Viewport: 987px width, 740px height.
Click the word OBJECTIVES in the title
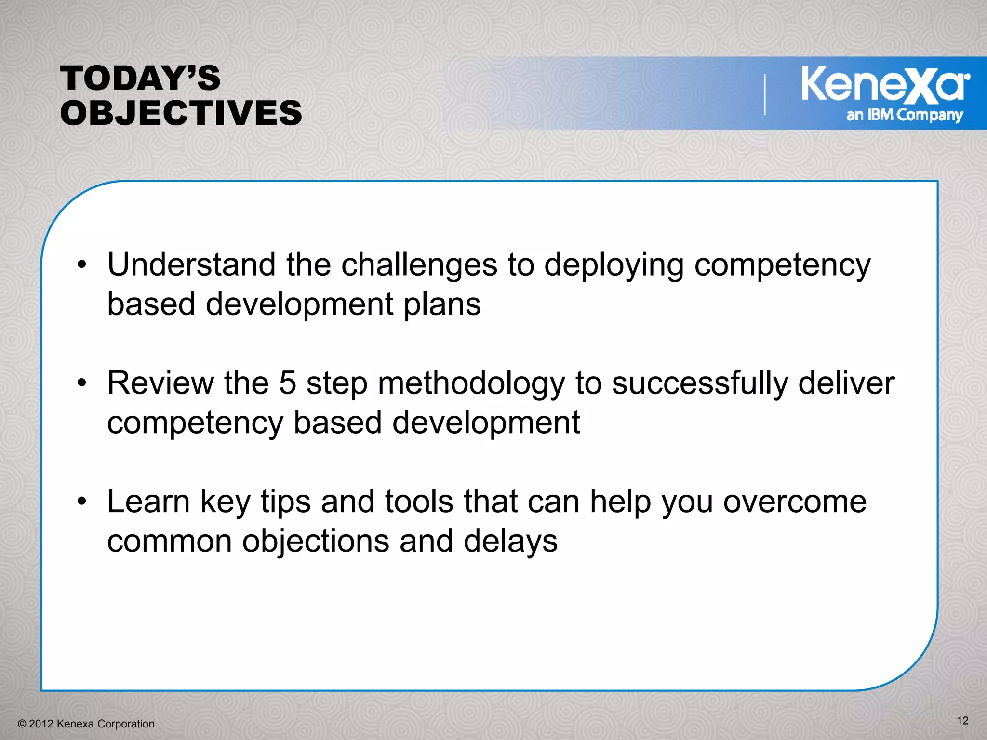tap(181, 113)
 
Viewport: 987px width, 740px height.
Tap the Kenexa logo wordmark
tap(885, 85)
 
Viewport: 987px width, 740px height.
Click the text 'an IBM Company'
tap(905, 115)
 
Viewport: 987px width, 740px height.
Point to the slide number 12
tap(962, 720)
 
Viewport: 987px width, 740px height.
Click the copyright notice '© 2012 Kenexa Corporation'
tap(86, 724)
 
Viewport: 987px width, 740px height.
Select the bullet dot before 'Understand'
tap(82, 264)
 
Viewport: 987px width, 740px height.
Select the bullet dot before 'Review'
tap(82, 383)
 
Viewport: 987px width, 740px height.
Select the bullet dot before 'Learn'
tap(82, 502)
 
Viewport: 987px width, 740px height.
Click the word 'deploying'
tap(614, 265)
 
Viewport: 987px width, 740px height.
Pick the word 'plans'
tap(442, 305)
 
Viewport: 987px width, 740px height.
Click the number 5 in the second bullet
tap(287, 383)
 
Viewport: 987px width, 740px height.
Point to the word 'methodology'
tap(471, 384)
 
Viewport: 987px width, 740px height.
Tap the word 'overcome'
tap(795, 502)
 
